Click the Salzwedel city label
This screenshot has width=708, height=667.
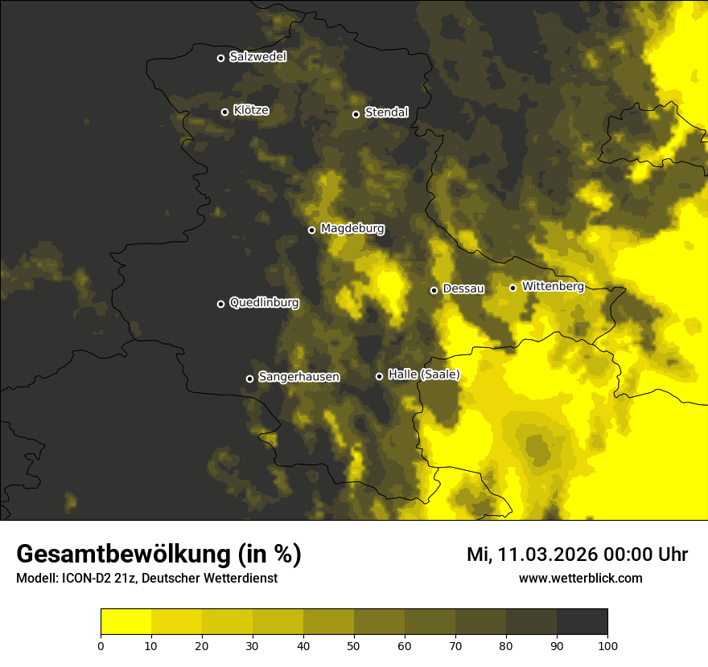point(257,57)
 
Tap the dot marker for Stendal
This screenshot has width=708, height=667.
point(356,114)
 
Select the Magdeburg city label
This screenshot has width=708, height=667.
point(352,229)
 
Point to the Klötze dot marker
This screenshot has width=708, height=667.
point(225,112)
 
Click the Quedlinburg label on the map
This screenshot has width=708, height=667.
point(264,303)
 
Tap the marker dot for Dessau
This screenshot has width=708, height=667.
point(434,290)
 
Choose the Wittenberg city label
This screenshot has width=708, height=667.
point(553,286)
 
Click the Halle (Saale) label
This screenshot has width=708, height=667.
point(423,374)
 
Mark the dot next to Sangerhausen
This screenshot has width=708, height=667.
point(250,379)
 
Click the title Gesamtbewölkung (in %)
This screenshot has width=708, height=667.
point(158,554)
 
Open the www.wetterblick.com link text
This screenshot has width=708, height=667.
point(581,578)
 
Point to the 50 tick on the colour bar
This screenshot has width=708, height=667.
point(354,644)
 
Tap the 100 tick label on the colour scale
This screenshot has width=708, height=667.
point(607,644)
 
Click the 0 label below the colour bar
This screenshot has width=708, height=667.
point(101,644)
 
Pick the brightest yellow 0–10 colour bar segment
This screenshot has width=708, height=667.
point(126,622)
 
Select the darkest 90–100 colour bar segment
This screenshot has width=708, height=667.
point(582,622)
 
